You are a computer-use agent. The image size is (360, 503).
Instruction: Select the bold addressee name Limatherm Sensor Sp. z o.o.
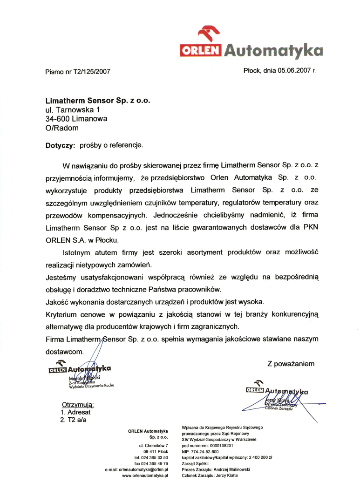pyautogui.click(x=98, y=100)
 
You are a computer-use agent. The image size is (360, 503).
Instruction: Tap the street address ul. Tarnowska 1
pyautogui.click(x=73, y=109)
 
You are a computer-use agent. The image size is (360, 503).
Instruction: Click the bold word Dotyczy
pyautogui.click(x=60, y=145)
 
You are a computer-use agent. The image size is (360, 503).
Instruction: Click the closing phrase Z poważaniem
pyautogui.click(x=291, y=363)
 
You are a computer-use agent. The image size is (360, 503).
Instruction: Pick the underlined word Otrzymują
pyautogui.click(x=78, y=404)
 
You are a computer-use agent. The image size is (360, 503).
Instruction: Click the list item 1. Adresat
pyautogui.click(x=75, y=412)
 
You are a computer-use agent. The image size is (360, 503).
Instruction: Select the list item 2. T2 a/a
pyautogui.click(x=74, y=420)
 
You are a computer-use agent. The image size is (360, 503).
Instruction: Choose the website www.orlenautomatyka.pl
pyautogui.click(x=145, y=476)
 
